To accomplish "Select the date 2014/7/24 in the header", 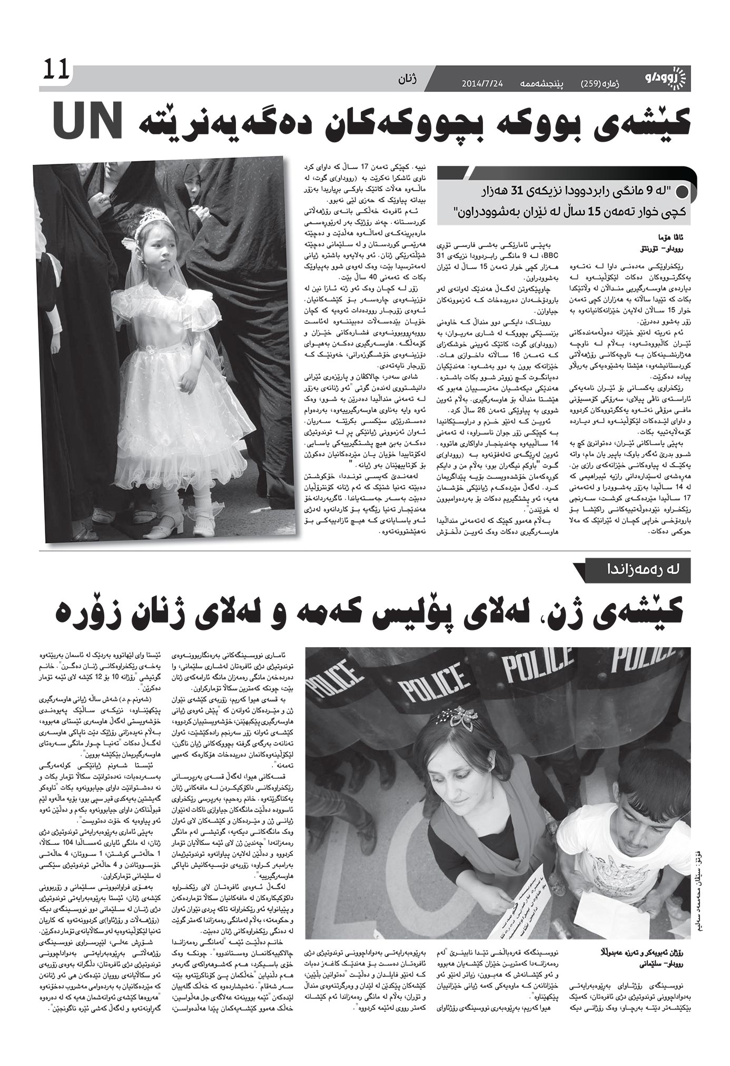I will (x=482, y=84).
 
